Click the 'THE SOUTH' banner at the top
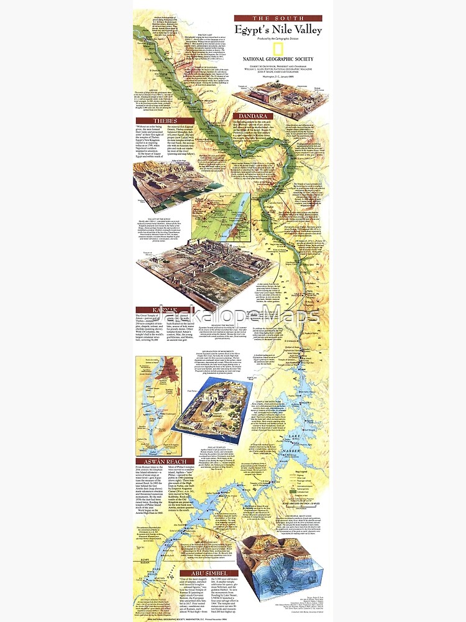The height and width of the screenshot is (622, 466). tap(278, 19)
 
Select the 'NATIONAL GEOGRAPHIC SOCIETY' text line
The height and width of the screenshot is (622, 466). tap(278, 60)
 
